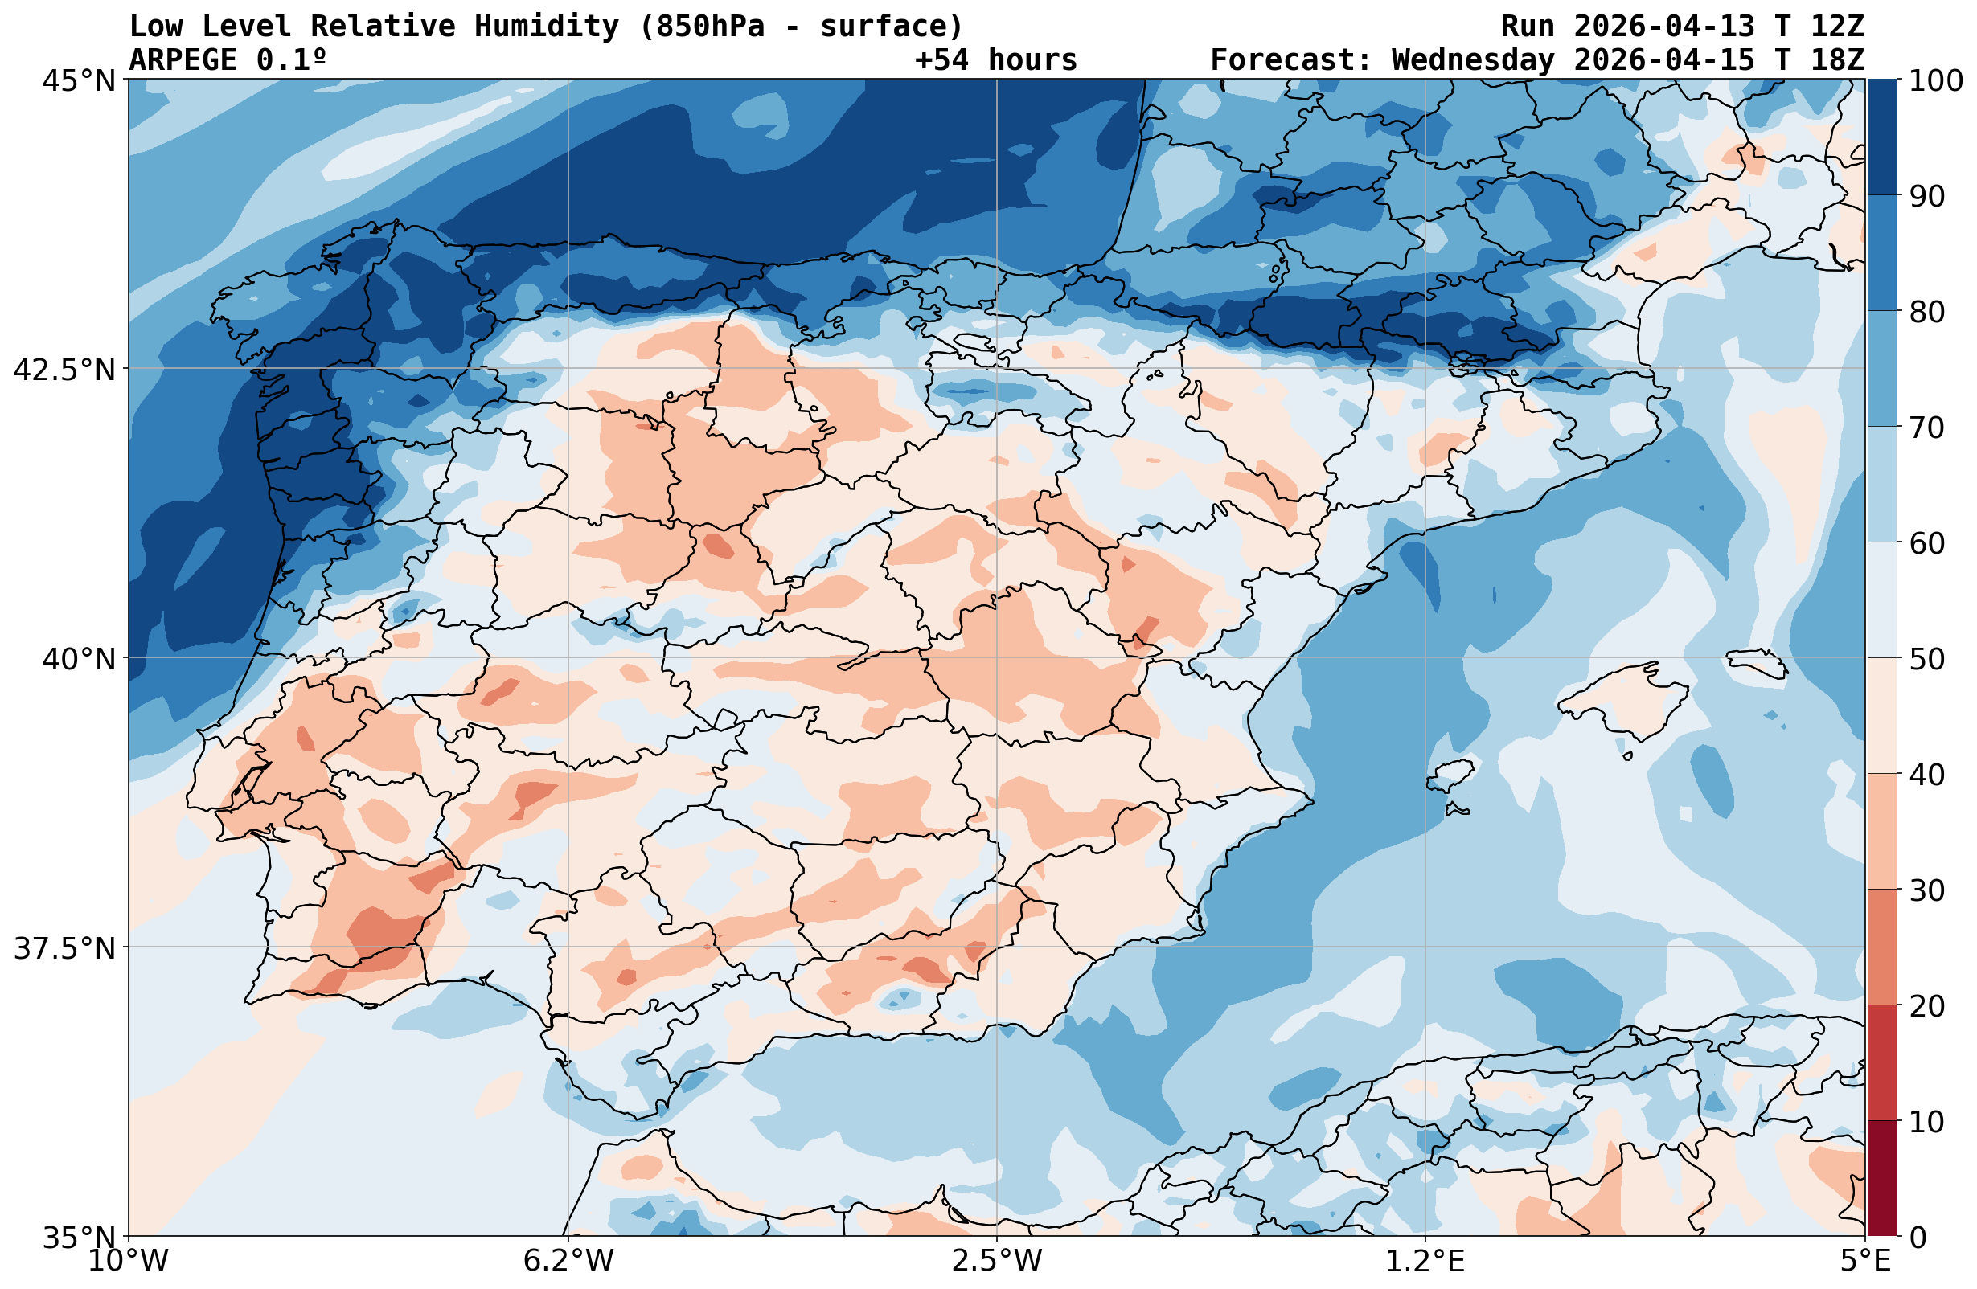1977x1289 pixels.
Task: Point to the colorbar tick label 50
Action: coord(1926,660)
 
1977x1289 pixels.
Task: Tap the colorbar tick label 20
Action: coord(1926,1007)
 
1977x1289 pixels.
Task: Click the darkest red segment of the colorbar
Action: coord(1881,1179)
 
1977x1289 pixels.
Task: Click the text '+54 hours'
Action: coord(996,60)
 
